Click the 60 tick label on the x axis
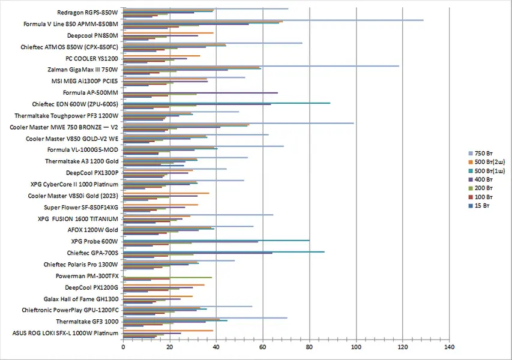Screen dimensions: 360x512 coord(263,346)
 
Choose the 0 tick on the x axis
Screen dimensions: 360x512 coord(123,346)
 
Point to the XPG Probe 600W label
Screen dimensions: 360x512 coord(94,241)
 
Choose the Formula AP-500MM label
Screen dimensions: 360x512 coord(91,92)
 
